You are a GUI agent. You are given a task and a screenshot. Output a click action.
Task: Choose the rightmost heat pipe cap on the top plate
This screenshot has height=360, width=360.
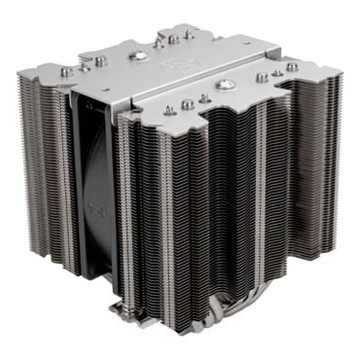[x=292, y=67]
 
